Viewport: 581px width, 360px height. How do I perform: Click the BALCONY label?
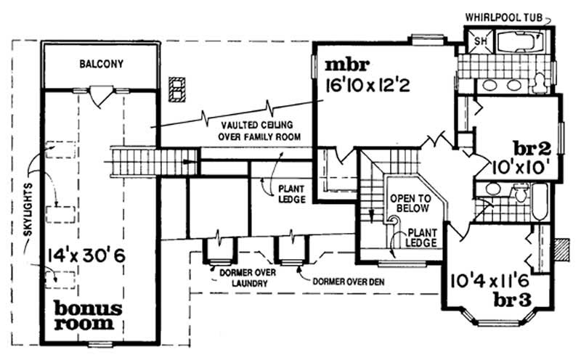(x=101, y=64)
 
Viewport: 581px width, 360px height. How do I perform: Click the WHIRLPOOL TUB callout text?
(x=510, y=15)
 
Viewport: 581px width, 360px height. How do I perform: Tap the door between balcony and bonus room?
(x=100, y=92)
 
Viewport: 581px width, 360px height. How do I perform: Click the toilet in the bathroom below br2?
(x=520, y=193)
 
